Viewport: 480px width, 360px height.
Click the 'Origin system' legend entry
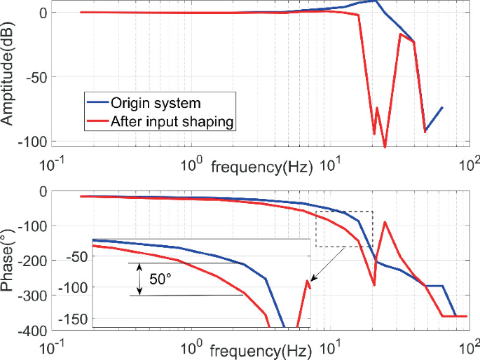[x=156, y=104]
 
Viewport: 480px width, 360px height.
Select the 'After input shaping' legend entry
[x=172, y=121]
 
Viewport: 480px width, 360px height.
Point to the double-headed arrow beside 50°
[x=139, y=279]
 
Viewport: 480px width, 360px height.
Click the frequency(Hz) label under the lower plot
[x=258, y=348]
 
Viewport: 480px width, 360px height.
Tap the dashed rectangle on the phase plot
[x=344, y=228]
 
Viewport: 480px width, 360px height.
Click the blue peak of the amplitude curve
[x=376, y=1]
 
